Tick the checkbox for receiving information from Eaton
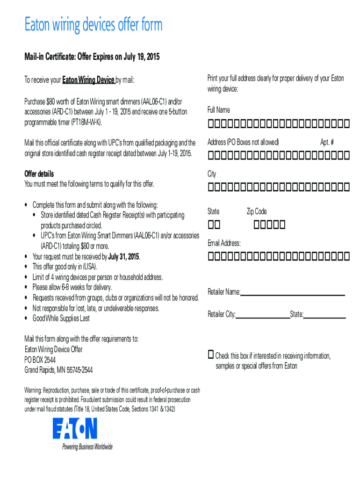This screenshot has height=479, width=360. [211, 354]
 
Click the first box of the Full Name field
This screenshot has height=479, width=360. [211, 124]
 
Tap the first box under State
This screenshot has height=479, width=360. [211, 225]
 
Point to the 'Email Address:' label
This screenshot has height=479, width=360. [224, 243]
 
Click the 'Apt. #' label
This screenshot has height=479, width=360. [327, 142]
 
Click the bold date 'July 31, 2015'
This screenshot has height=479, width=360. [124, 257]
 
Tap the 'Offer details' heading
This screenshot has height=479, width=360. [39, 174]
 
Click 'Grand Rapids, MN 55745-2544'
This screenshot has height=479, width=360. [58, 370]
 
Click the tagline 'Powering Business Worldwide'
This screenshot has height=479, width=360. [87, 447]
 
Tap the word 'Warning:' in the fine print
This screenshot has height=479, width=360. [34, 391]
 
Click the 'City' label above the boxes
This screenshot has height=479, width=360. [212, 174]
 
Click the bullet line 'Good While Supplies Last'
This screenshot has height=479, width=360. [61, 319]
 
